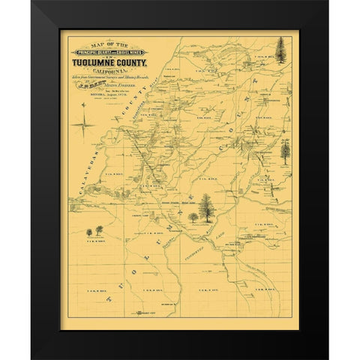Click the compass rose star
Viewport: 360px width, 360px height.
pyautogui.click(x=81, y=122)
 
